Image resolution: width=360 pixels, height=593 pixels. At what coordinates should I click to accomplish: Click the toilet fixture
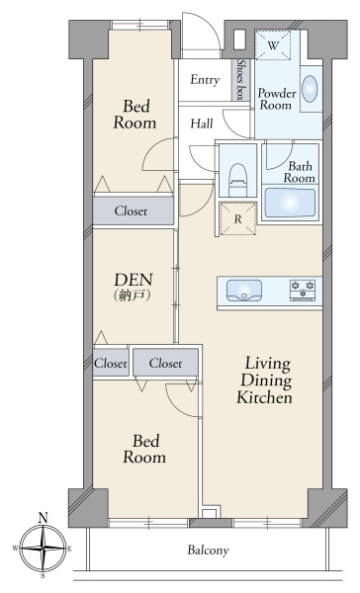click(x=238, y=179)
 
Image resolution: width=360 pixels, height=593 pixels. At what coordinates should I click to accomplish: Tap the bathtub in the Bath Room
click(x=290, y=203)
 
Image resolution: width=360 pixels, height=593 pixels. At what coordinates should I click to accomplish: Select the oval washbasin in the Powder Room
click(x=310, y=89)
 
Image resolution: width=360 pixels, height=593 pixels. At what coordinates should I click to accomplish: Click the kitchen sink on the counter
click(x=244, y=291)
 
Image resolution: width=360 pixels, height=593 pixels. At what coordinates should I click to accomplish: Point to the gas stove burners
click(x=303, y=290)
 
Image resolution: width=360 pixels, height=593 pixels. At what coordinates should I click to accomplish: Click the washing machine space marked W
click(x=273, y=45)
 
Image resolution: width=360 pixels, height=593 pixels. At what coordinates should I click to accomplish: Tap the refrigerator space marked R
click(x=238, y=219)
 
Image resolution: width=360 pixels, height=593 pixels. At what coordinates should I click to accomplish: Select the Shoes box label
click(x=240, y=80)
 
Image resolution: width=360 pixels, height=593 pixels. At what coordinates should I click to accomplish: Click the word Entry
click(x=205, y=80)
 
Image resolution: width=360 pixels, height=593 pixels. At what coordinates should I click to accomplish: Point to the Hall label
click(x=202, y=124)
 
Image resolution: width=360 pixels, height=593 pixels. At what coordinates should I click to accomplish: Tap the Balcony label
click(x=209, y=550)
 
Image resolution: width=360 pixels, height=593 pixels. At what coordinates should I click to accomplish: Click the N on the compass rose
click(x=44, y=518)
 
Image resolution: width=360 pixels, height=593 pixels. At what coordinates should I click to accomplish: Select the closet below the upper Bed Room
click(x=134, y=211)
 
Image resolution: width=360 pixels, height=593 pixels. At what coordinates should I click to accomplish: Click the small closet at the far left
click(x=111, y=363)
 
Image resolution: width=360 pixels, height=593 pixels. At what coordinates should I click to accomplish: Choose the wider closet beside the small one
click(x=165, y=363)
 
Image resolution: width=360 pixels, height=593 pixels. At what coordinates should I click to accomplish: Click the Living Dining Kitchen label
click(x=265, y=381)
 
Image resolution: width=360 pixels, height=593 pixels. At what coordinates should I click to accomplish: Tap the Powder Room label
click(x=277, y=99)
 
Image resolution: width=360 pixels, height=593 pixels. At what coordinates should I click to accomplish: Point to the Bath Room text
click(x=300, y=172)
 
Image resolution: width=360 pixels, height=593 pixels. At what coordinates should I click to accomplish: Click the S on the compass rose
click(x=44, y=576)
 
